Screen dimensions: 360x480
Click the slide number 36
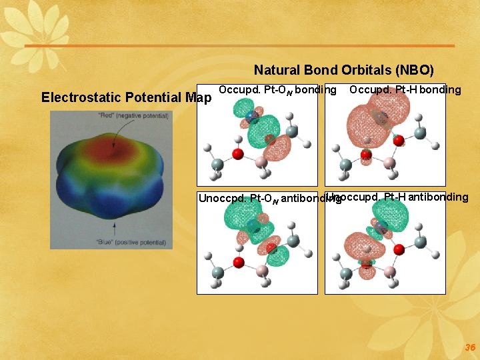(x=470, y=347)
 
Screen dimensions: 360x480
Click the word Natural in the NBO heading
(x=277, y=70)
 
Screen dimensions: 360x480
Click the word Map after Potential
(x=198, y=97)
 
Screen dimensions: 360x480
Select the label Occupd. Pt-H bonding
(x=405, y=89)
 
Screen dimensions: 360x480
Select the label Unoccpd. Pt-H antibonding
(x=399, y=197)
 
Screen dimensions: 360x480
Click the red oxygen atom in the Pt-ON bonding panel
(x=237, y=155)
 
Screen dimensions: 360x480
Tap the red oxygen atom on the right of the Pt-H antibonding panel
(x=399, y=249)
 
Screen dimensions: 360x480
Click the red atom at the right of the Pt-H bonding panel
(x=399, y=141)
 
